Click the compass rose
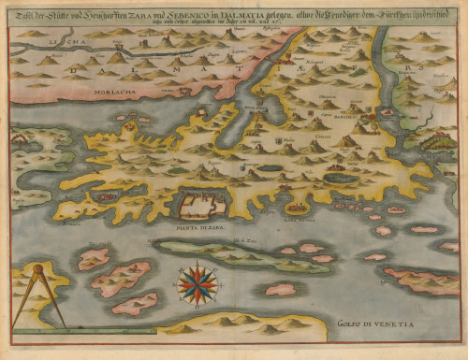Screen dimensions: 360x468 coord(196,286)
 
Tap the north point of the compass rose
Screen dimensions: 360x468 coord(196,268)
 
